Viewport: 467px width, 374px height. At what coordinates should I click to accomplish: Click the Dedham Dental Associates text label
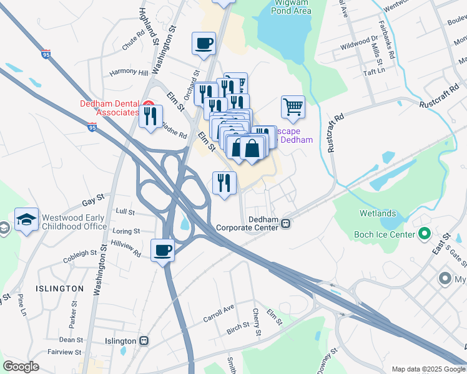coord(109,108)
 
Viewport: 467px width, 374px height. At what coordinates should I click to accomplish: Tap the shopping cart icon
coord(292,107)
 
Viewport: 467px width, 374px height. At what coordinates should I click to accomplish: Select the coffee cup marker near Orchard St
coord(204,44)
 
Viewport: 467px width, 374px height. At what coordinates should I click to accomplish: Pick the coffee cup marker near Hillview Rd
coord(162,250)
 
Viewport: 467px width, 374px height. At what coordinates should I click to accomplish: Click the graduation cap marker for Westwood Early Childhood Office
coord(27,219)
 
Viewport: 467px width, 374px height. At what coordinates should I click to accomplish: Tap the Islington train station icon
coord(144,341)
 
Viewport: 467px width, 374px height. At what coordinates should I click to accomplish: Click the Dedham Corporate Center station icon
coord(286,223)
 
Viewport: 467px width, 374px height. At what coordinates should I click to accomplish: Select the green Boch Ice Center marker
coord(425,234)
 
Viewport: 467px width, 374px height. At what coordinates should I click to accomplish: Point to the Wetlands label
coord(377,213)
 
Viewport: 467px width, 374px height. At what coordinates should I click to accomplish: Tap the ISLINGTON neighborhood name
coord(59,289)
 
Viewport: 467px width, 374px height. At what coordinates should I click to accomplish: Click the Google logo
coord(21,367)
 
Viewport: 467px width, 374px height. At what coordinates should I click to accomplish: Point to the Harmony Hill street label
coord(129,72)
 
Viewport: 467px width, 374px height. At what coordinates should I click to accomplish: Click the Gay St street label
coord(92,203)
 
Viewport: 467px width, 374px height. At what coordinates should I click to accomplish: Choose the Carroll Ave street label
coord(218,314)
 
